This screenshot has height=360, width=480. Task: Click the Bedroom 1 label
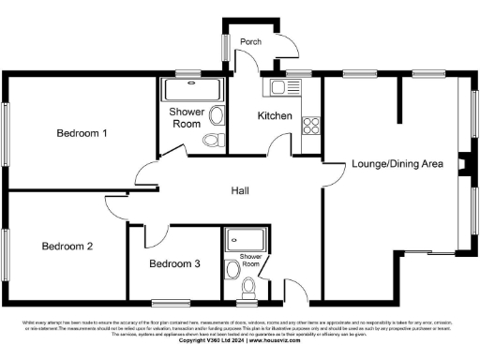click(82, 134)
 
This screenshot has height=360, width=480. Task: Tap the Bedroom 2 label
click(67, 247)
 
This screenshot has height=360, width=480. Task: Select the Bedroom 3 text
click(174, 263)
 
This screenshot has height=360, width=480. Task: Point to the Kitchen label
click(276, 116)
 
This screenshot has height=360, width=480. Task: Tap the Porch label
click(250, 42)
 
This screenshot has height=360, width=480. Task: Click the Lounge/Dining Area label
click(397, 164)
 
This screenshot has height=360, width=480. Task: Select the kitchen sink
click(278, 87)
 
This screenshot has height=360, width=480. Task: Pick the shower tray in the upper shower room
click(191, 90)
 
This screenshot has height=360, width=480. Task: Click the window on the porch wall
click(225, 46)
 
